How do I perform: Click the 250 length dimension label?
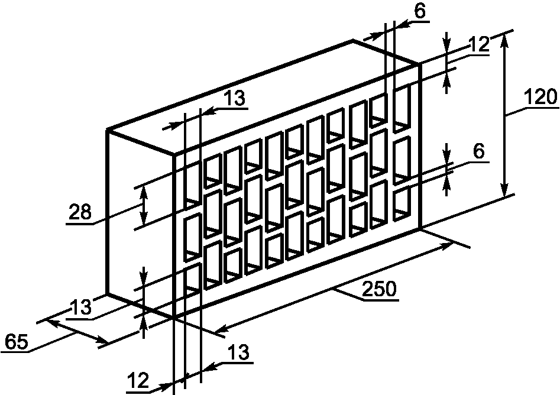(378, 289)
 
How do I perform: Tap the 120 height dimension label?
(540, 97)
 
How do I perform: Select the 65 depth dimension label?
(17, 342)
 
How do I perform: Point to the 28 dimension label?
(80, 212)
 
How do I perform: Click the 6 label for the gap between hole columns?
(420, 11)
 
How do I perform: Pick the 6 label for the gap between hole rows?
(479, 151)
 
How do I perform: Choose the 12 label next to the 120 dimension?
(478, 44)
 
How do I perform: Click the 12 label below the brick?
(138, 381)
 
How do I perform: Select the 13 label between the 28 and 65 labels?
(80, 307)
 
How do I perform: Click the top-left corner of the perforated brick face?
(174, 155)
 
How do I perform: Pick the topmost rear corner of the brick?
(353, 41)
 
